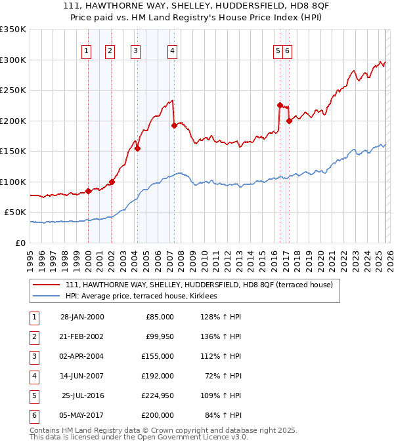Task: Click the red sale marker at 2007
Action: (174, 125)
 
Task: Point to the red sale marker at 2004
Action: (137, 148)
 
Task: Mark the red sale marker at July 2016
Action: (280, 105)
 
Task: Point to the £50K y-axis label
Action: (15, 213)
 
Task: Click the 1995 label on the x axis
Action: (30, 255)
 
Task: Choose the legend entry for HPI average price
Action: (145, 296)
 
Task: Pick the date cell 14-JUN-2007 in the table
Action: (82, 376)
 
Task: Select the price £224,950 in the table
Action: (157, 395)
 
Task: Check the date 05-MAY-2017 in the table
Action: (82, 415)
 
